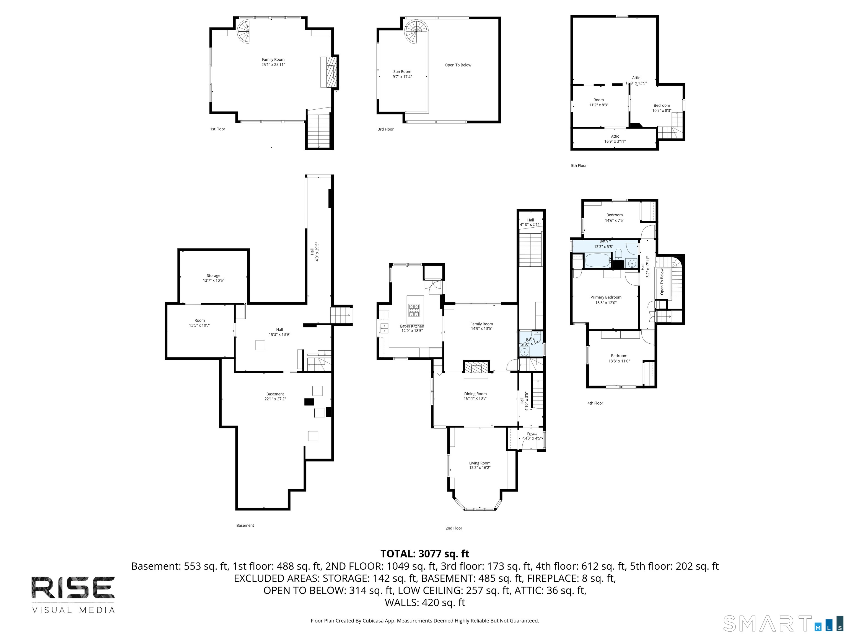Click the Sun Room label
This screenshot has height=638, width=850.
[x=402, y=71]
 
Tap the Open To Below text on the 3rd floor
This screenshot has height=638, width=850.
[x=458, y=65]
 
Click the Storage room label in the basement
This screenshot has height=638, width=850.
[x=213, y=275]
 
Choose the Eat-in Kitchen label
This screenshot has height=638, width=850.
[x=412, y=326]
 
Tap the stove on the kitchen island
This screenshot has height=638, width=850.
[x=414, y=310]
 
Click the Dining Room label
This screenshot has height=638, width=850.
[x=475, y=394]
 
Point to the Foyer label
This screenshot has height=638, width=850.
[x=532, y=434]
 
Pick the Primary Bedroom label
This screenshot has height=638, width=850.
[x=606, y=297]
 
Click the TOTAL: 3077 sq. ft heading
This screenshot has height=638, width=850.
[x=425, y=554]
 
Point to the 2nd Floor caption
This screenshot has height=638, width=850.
[x=454, y=528]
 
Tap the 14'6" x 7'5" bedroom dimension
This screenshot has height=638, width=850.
[x=615, y=220]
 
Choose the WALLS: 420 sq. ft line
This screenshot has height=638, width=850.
[x=425, y=603]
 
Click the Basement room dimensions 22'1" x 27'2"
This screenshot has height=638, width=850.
[x=275, y=399]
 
